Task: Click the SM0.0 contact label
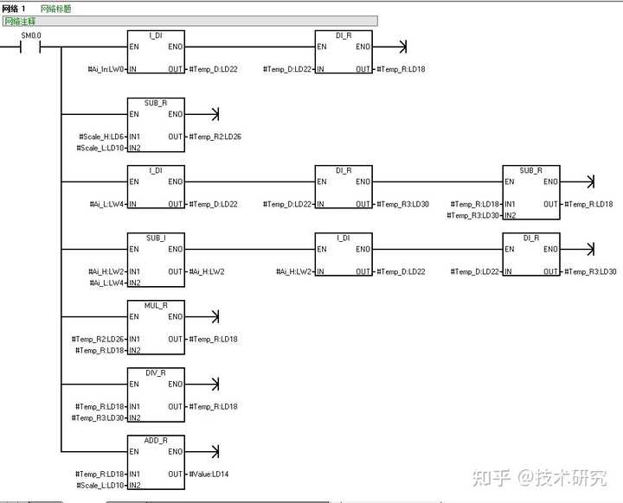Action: [30, 35]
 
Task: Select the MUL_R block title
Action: [156, 305]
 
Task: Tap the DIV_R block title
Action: [156, 372]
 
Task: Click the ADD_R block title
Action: [156, 440]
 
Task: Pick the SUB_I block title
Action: [156, 238]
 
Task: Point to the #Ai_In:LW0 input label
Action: [106, 69]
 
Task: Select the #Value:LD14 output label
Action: [209, 474]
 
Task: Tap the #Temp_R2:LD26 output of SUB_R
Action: [215, 137]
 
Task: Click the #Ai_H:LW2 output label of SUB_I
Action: [206, 271]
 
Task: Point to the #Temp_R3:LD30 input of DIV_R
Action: [100, 417]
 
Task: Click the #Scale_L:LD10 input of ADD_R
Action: [101, 485]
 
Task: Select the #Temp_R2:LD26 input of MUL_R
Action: [100, 339]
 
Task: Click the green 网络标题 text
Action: [56, 9]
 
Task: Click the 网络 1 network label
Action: [14, 9]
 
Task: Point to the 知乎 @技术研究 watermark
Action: [562, 477]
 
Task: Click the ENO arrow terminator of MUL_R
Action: [215, 316]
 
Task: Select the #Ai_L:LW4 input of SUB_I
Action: [106, 283]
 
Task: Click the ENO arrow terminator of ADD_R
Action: [215, 451]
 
